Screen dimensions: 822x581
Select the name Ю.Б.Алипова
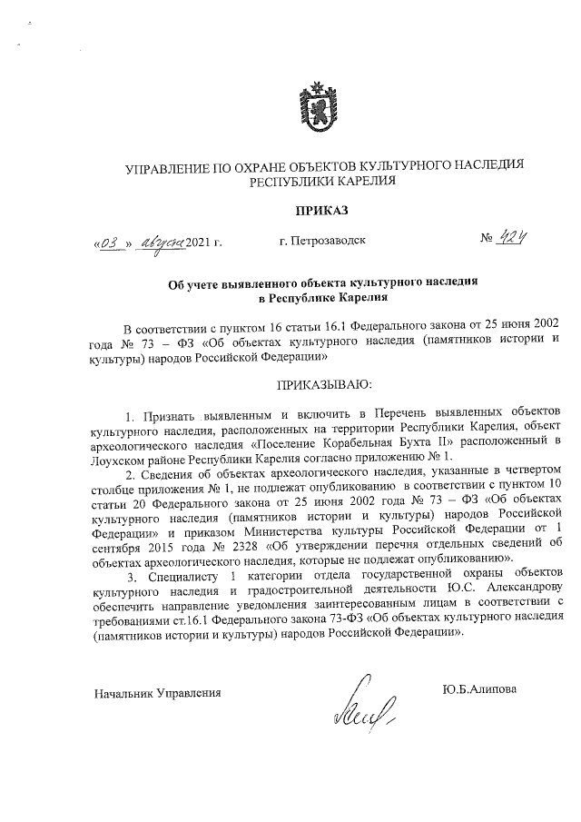coord(479,689)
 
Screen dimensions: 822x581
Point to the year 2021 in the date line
coord(199,243)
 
